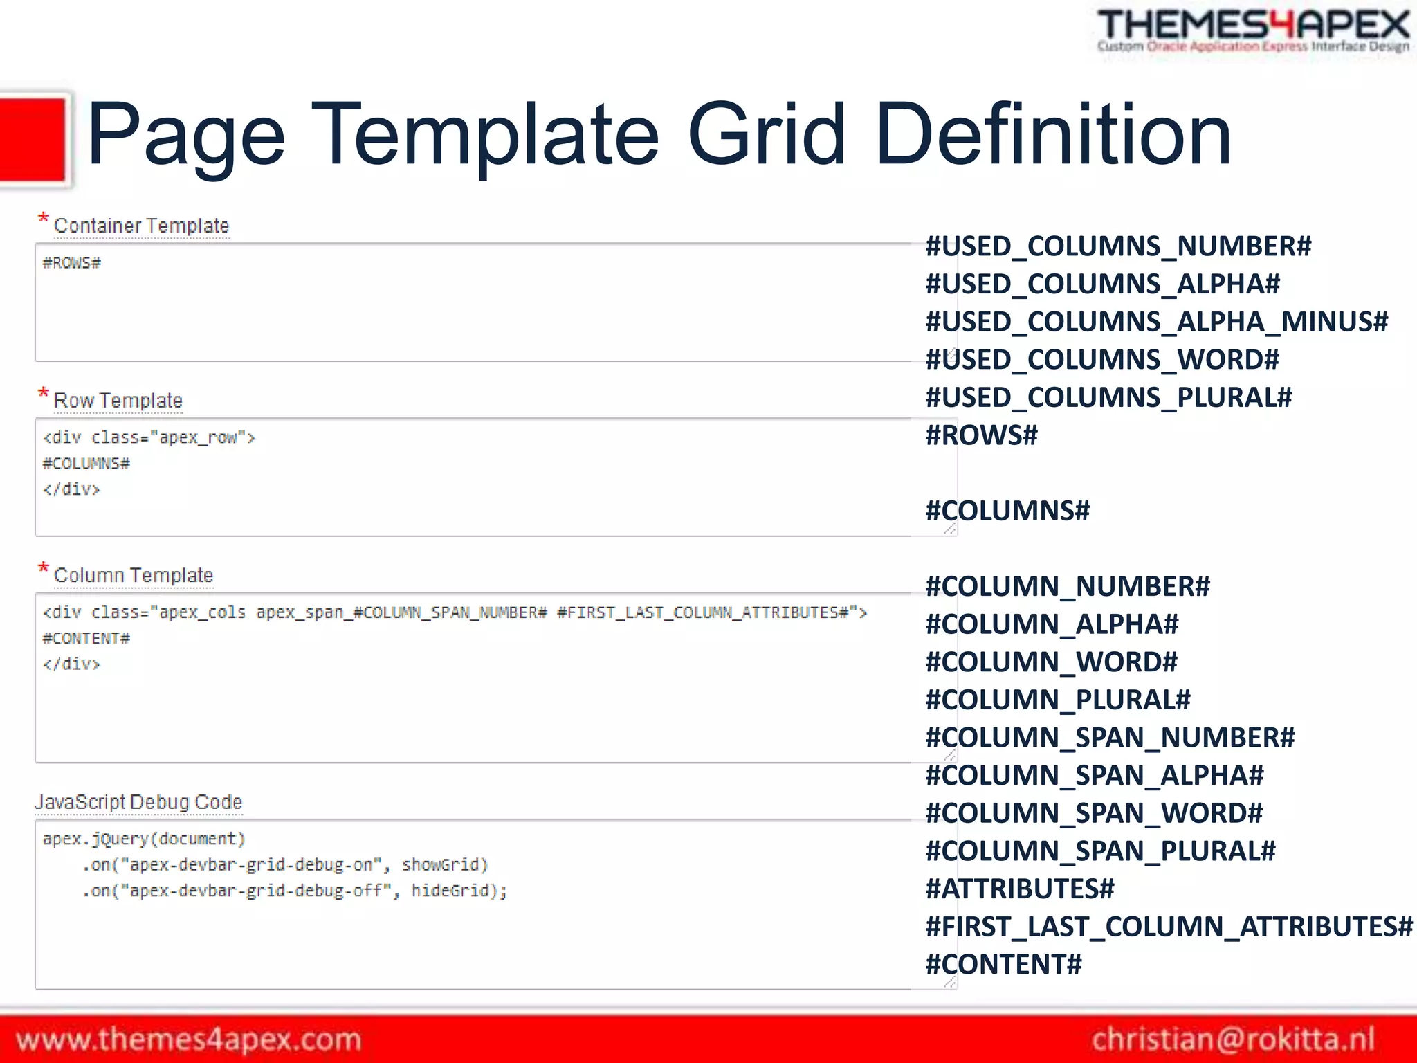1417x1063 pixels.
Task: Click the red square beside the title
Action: tap(33, 140)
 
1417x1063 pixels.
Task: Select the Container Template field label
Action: tap(141, 226)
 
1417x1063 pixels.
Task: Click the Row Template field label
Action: tap(118, 401)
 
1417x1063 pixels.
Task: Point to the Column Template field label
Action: tap(134, 576)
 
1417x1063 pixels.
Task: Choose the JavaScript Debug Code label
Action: tap(138, 802)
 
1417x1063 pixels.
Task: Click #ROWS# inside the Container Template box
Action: tap(72, 263)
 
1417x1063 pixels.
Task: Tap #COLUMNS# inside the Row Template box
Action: tap(86, 464)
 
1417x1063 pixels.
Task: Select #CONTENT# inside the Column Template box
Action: tap(86, 639)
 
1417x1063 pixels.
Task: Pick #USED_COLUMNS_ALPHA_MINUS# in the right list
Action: tap(1157, 322)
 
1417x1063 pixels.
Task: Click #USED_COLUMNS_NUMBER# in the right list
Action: tap(1118, 246)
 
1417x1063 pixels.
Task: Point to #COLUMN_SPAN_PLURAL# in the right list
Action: tap(1101, 851)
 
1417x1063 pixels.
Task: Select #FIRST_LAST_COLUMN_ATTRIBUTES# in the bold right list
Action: tap(1169, 927)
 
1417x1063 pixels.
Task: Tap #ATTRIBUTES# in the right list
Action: tap(1021, 889)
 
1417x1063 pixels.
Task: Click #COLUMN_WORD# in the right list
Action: tap(1052, 662)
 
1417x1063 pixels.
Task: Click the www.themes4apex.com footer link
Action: tap(189, 1039)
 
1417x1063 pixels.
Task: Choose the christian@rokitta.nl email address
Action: tap(1233, 1039)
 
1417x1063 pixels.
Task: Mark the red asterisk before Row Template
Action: tap(43, 393)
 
